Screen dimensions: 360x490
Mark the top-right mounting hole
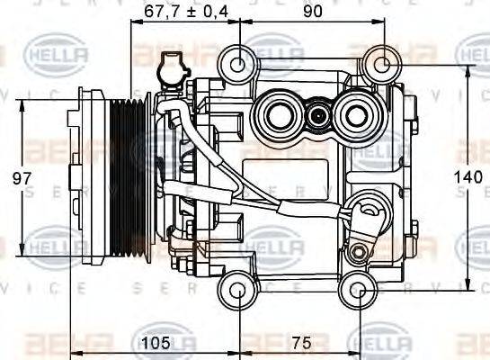coord(381,64)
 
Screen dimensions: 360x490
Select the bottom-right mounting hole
coord(359,290)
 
